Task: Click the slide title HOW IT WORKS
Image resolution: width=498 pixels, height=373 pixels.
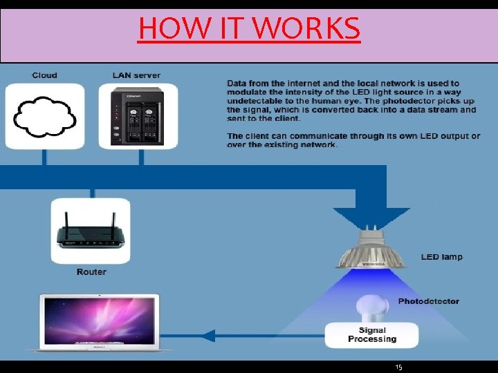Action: (x=249, y=28)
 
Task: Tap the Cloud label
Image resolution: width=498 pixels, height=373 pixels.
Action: (x=45, y=75)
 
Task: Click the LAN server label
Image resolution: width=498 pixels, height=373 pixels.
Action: (x=136, y=75)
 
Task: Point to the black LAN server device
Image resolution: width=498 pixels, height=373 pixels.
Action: (x=138, y=115)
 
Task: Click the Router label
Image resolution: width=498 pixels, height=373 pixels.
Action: (x=91, y=272)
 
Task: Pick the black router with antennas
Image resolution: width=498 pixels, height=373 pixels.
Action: (x=91, y=236)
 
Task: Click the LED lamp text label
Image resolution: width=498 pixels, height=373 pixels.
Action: (x=441, y=257)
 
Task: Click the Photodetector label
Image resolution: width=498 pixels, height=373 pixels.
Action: (x=428, y=301)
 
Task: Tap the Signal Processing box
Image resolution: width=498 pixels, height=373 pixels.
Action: (x=372, y=335)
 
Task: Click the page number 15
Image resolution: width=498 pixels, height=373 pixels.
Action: (x=398, y=367)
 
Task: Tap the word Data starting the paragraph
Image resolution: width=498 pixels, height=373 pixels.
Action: (x=237, y=84)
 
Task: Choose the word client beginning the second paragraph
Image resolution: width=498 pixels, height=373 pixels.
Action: (x=257, y=136)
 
